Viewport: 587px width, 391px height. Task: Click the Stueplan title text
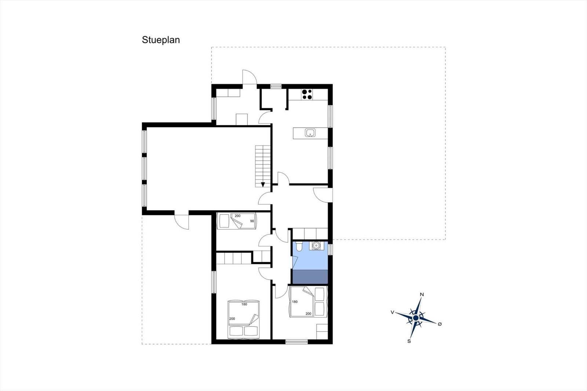tap(161, 40)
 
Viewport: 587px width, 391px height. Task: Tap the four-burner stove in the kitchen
tap(307, 94)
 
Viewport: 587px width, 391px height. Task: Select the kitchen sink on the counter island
tap(310, 133)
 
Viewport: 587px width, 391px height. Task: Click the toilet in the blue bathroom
tap(299, 246)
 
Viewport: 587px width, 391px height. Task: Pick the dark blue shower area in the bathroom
tap(310, 277)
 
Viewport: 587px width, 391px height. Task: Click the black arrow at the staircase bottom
tap(263, 184)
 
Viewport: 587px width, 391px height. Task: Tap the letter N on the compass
tap(422, 295)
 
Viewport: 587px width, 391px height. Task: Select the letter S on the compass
tap(409, 341)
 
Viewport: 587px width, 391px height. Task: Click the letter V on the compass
tap(392, 312)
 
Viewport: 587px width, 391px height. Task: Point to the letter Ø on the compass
tap(440, 324)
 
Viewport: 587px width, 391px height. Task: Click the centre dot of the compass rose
tap(416, 318)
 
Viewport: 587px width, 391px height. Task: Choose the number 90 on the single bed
tap(252, 221)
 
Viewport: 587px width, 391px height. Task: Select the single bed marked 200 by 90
tap(237, 221)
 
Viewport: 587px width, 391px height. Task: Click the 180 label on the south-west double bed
tap(244, 304)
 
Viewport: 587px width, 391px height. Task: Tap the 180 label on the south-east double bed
tap(295, 302)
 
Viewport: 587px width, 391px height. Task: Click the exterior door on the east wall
tap(323, 195)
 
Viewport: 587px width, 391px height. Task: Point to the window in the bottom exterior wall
tap(296, 342)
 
